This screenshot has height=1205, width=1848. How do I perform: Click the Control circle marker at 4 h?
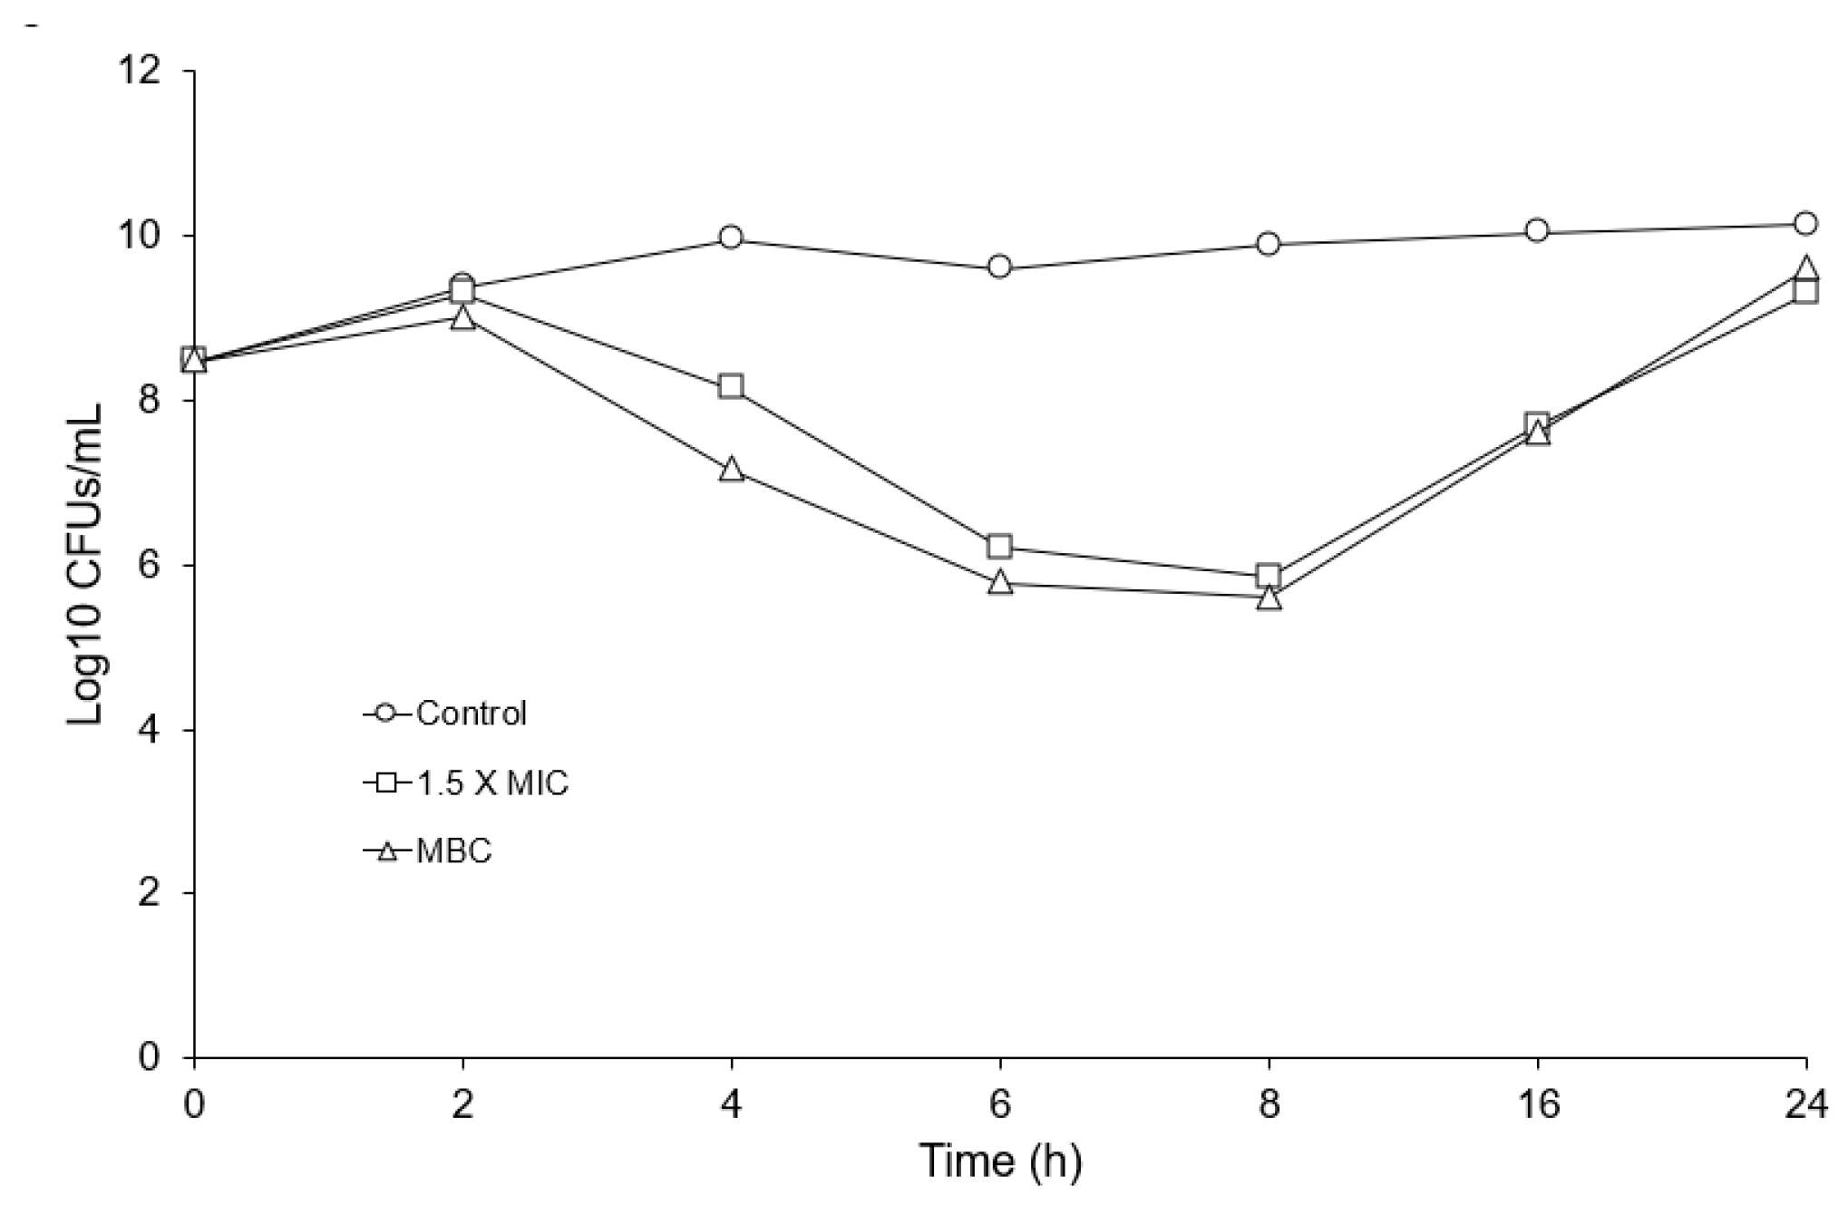(731, 238)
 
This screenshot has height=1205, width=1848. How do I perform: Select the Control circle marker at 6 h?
(999, 267)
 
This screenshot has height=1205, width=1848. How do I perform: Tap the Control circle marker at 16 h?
(1537, 230)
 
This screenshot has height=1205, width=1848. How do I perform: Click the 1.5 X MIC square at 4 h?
(731, 386)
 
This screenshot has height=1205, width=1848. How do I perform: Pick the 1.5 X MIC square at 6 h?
(999, 546)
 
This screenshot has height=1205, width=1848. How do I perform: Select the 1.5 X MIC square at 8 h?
(1269, 576)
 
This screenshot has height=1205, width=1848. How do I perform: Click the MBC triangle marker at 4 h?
(731, 470)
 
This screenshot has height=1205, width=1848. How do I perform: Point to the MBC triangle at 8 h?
(1269, 598)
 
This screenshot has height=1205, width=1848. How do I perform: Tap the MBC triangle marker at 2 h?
(462, 317)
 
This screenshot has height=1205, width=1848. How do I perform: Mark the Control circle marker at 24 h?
(1805, 223)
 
